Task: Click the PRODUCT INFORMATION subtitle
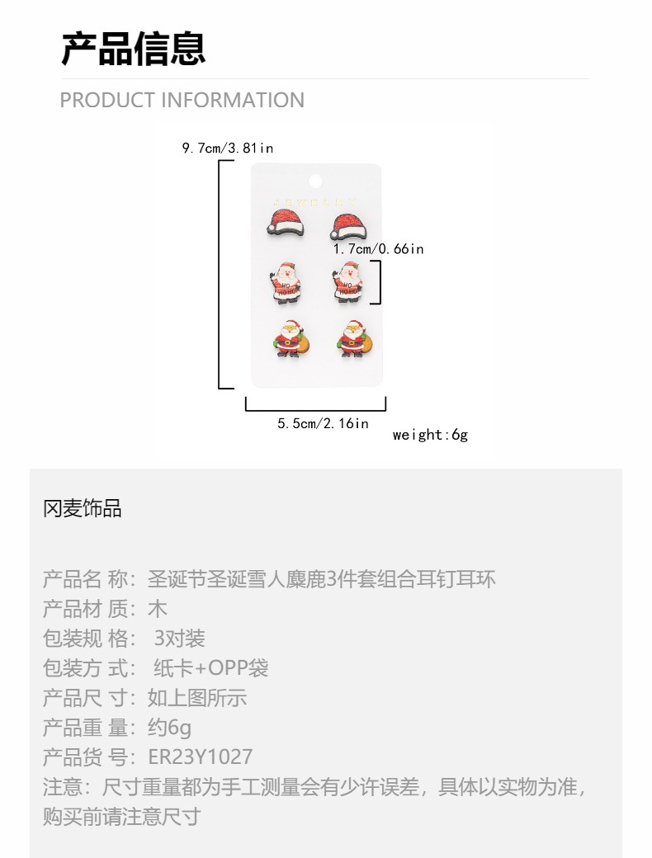(182, 101)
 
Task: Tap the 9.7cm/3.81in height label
(227, 148)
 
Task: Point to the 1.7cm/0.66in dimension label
(378, 248)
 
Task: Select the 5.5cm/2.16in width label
(323, 423)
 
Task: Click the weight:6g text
(430, 435)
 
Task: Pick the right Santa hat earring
(350, 222)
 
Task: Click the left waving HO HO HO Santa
(286, 281)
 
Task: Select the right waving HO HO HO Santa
(349, 281)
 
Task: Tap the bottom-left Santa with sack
(287, 338)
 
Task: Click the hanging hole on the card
(316, 179)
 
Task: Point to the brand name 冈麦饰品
(83, 508)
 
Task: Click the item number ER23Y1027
(201, 757)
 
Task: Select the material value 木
(157, 609)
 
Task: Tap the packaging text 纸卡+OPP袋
(211, 668)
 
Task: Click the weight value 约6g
(169, 728)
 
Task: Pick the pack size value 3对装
(179, 639)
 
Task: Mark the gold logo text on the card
(316, 200)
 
